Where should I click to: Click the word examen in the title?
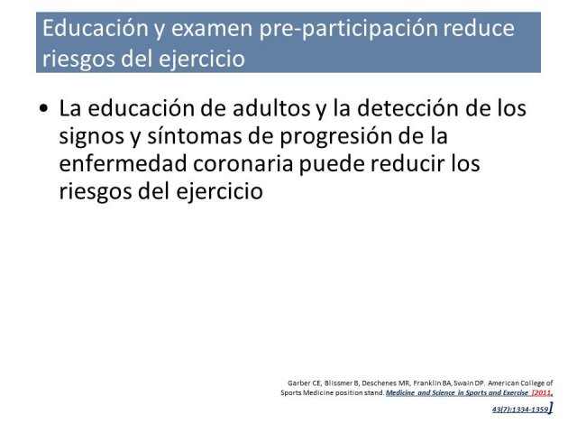tap(212, 29)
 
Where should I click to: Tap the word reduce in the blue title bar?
tap(479, 28)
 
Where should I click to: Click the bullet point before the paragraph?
tap(44, 108)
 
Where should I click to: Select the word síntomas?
tap(195, 135)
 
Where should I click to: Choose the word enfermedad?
tap(124, 163)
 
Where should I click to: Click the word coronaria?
tap(243, 164)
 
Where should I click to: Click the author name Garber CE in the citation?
tap(305, 382)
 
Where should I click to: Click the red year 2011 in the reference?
tap(543, 393)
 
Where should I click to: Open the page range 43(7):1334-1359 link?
tap(520, 409)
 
